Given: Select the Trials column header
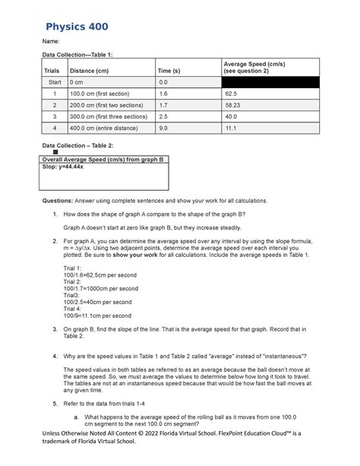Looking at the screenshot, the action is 52,71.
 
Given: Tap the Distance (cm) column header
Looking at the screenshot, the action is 88,71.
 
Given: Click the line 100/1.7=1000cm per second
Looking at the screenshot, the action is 100,289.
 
